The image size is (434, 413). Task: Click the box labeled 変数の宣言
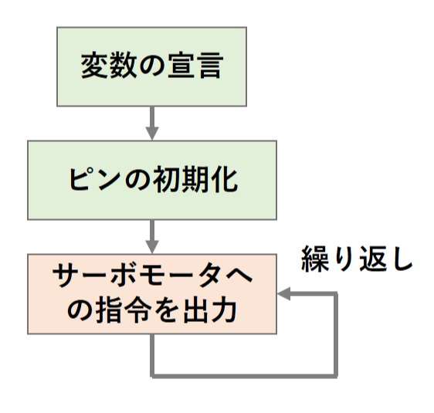click(151, 66)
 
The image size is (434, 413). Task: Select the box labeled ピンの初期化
click(152, 181)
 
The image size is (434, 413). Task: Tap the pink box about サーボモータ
click(152, 294)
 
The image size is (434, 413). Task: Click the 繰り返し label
click(357, 259)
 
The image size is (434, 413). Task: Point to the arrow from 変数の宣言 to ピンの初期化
click(152, 124)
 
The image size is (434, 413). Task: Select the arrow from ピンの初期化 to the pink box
click(152, 237)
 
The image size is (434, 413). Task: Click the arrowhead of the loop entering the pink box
click(283, 294)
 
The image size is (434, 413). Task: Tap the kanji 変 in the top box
click(94, 66)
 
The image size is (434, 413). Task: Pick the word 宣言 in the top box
click(195, 66)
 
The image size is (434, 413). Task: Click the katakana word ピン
click(95, 180)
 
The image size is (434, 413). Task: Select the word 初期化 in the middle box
click(195, 180)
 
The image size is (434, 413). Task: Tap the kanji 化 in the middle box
click(224, 180)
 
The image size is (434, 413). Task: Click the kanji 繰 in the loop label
click(315, 259)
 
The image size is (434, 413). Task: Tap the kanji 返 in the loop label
click(373, 259)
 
